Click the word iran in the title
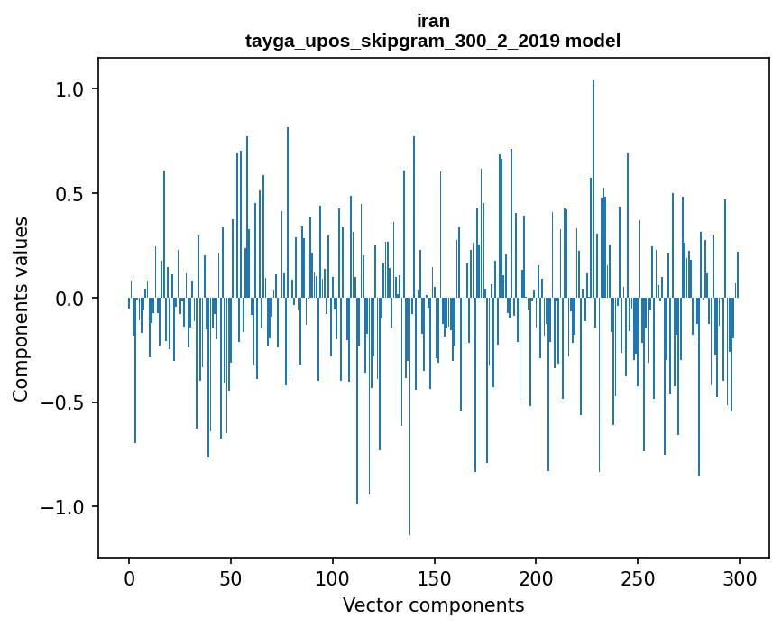pos(433,21)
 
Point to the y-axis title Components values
pos(21,309)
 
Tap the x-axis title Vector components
pos(433,605)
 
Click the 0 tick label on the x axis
pos(129,577)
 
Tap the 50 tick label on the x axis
pos(231,577)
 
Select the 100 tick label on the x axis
pos(333,577)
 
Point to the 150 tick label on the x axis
pos(435,577)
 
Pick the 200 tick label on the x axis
pos(537,577)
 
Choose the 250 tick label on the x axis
pos(639,577)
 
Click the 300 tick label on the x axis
pos(740,577)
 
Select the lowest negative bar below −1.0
pos(410,424)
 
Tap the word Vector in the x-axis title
pos(368,605)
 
